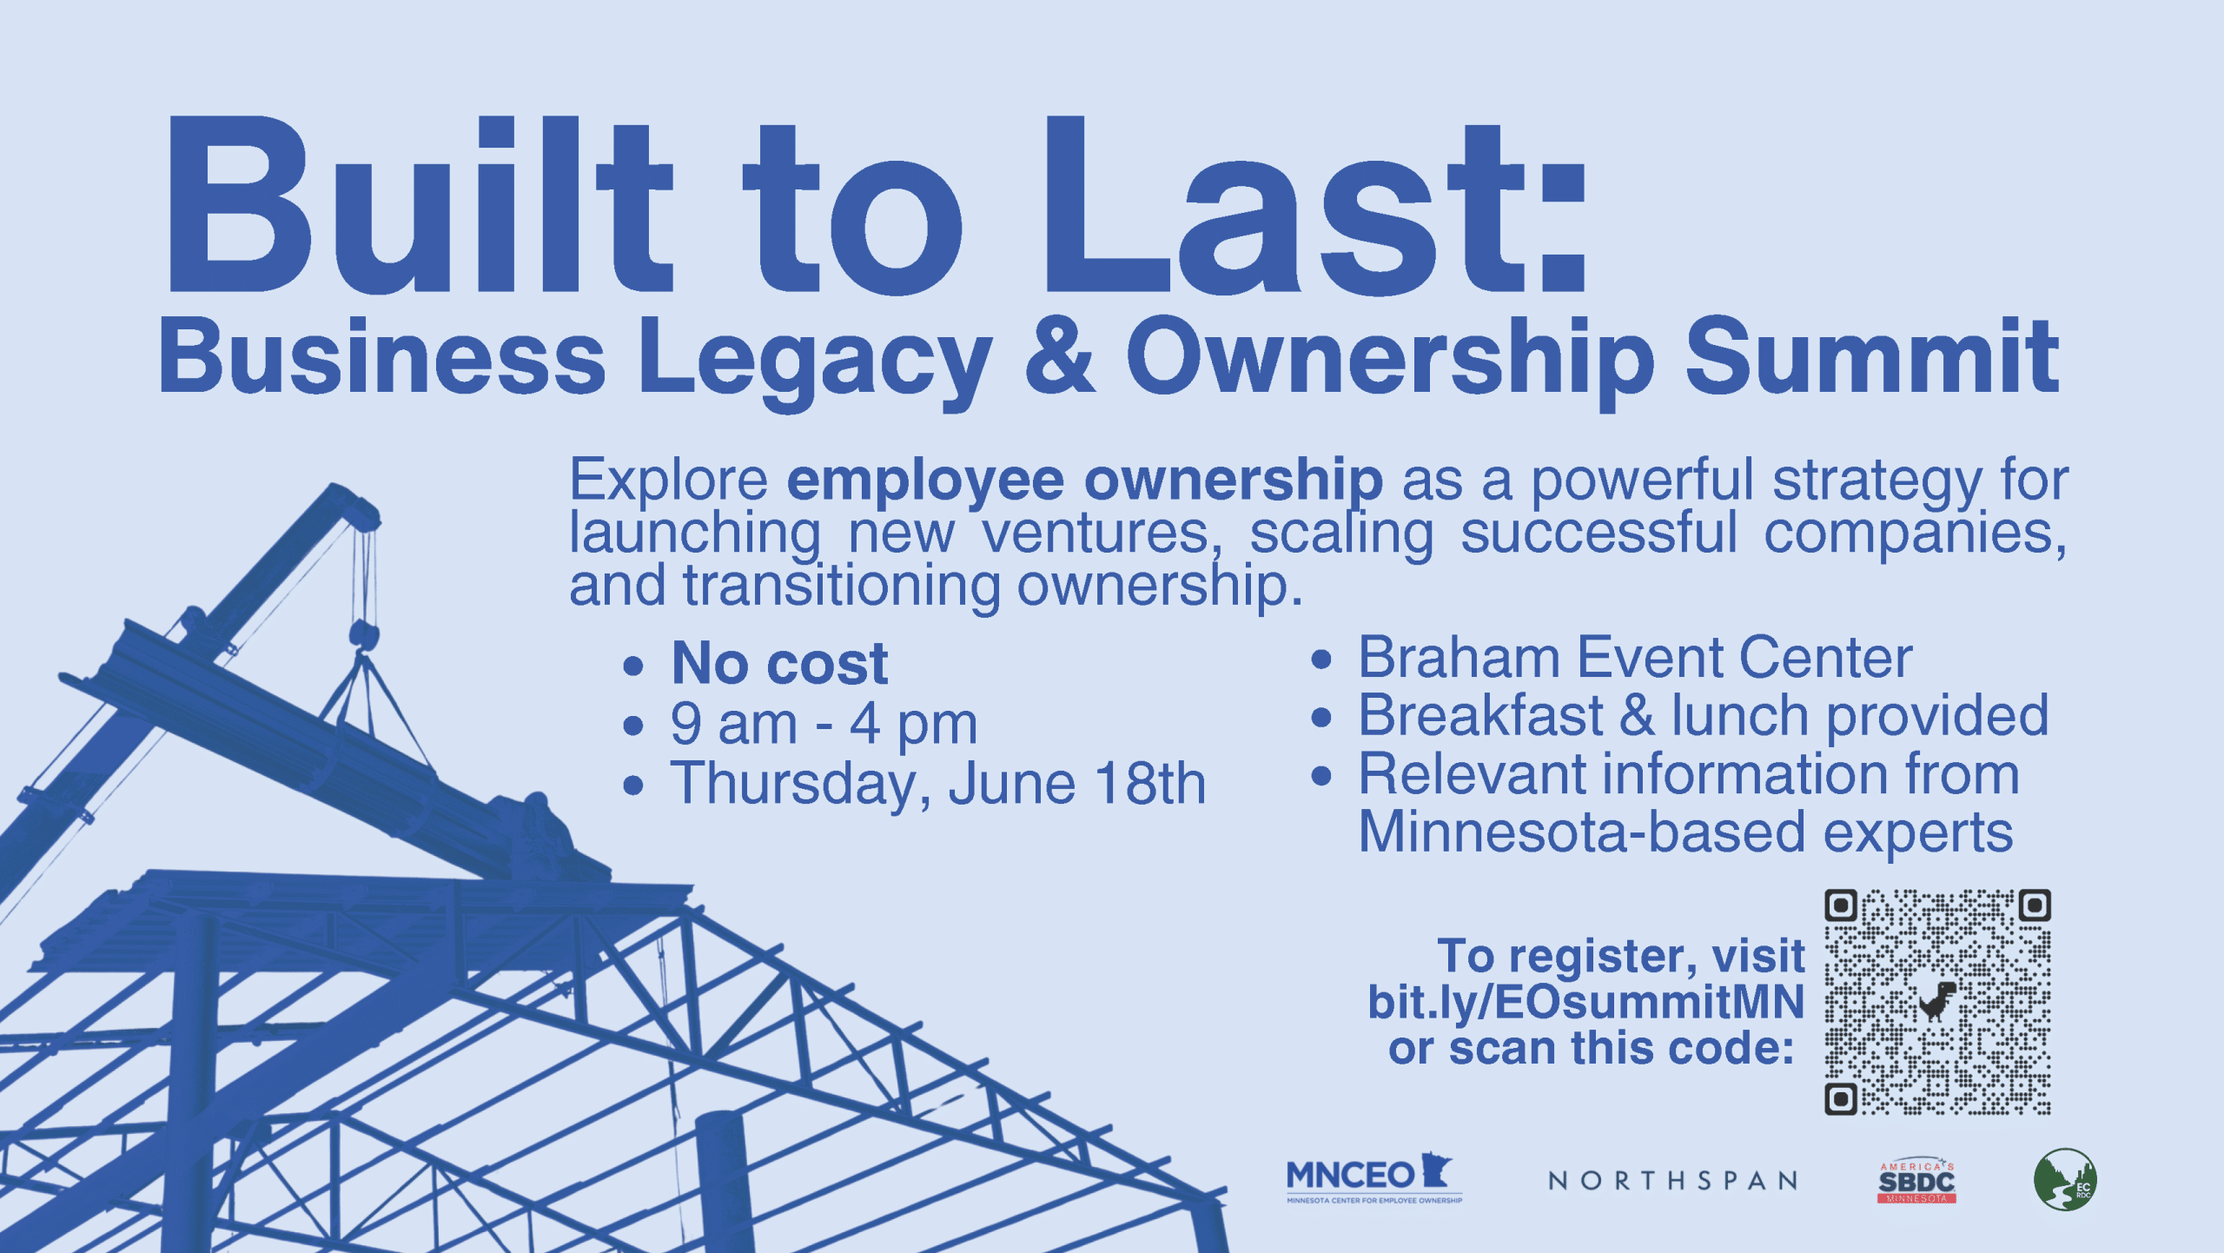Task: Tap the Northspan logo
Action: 1673,1181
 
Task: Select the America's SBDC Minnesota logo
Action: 1916,1182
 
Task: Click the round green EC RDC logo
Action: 2065,1179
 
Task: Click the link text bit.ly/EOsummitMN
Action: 1586,1002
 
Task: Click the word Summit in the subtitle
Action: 1872,355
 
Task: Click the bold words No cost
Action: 779,664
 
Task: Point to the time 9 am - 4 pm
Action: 824,724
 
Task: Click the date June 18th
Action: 1076,783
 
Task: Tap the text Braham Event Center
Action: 1635,657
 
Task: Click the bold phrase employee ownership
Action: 1085,481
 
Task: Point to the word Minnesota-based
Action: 1582,832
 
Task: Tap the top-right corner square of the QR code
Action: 2035,905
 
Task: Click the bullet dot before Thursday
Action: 633,786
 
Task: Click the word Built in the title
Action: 420,205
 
